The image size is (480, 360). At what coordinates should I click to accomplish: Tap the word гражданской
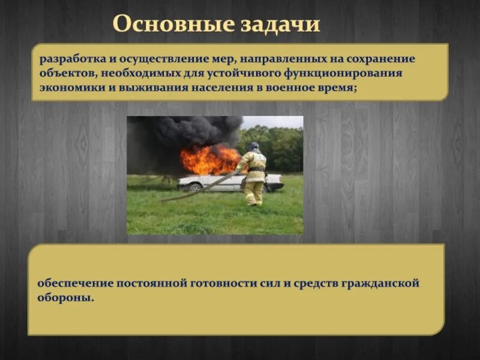pos(382,283)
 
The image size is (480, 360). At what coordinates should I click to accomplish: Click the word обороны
pos(66,297)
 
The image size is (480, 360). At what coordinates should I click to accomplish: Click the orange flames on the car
pos(209,159)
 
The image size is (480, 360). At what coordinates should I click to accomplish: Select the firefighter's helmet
pos(253,146)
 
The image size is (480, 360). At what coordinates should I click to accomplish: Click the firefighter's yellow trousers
pos(254,192)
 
